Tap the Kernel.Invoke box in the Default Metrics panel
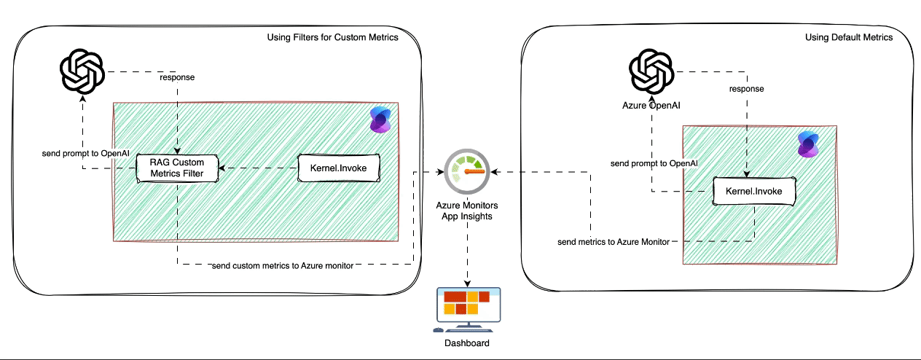(753, 192)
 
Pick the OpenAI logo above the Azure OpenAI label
(651, 71)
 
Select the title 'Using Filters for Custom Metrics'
(333, 37)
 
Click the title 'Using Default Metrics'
(848, 37)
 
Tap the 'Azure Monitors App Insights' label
(467, 211)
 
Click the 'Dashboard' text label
(467, 343)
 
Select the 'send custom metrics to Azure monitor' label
(283, 266)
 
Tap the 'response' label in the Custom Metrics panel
(177, 77)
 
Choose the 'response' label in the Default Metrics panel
(747, 88)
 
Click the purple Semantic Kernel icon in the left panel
(380, 120)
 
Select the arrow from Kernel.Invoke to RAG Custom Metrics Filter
(259, 168)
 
